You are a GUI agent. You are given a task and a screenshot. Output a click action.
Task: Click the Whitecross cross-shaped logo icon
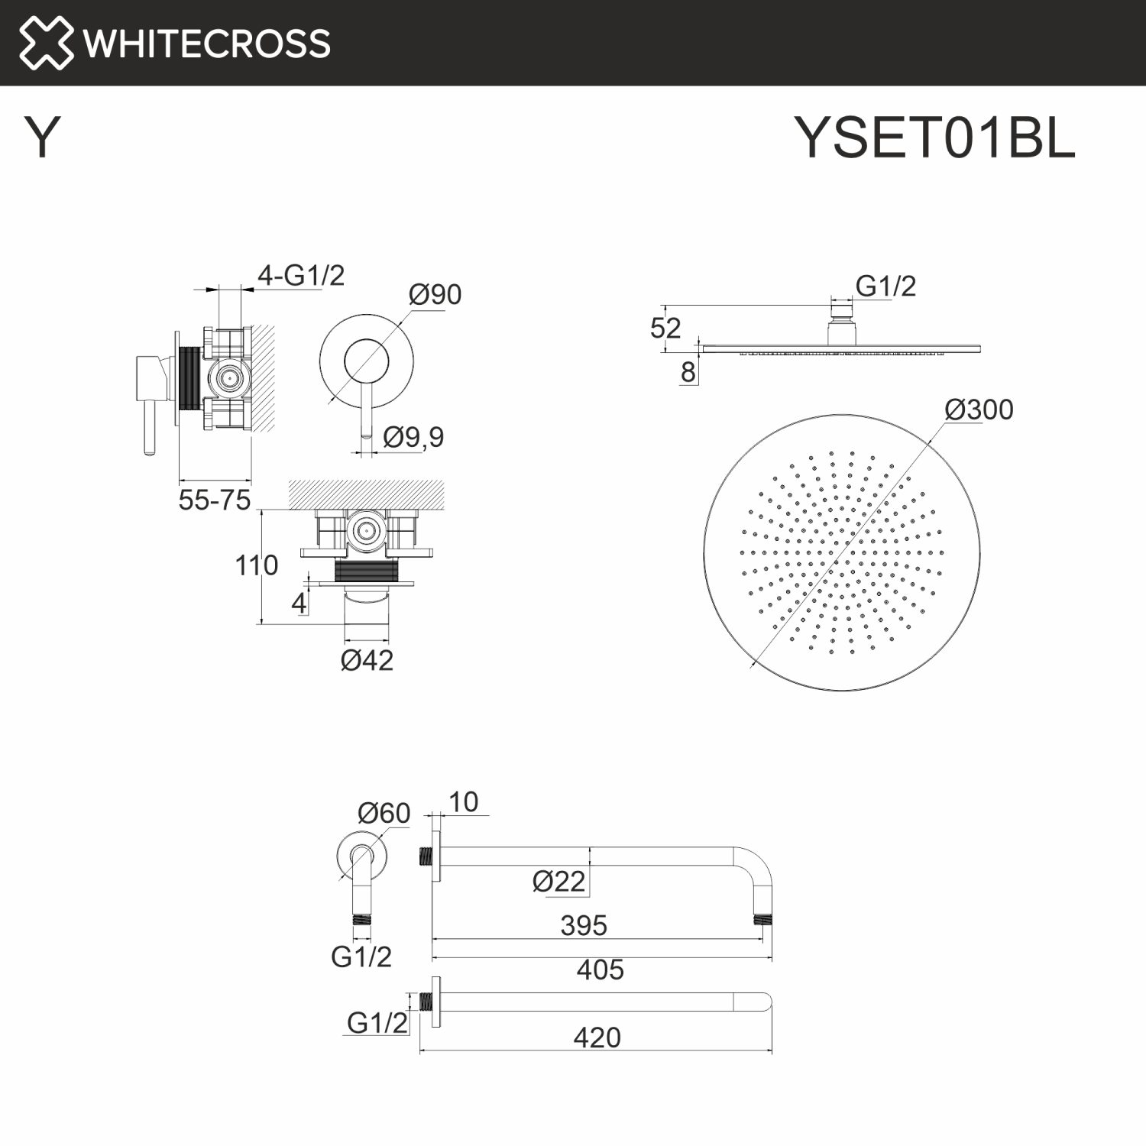click(x=46, y=43)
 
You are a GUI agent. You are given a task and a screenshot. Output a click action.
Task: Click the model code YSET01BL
click(x=934, y=138)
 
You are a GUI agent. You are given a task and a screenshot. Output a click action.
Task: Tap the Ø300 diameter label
click(x=979, y=410)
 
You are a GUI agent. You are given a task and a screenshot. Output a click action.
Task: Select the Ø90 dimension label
click(x=435, y=295)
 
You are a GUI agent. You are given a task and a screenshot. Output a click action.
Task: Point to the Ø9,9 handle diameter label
click(x=413, y=438)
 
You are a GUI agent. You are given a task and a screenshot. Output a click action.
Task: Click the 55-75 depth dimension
click(x=214, y=500)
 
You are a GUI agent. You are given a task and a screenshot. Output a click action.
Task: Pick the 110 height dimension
click(x=256, y=566)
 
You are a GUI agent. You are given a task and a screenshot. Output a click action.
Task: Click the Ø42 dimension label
click(x=367, y=660)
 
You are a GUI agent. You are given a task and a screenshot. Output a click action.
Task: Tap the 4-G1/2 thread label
click(x=301, y=275)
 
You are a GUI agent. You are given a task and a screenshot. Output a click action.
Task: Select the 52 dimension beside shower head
click(x=665, y=329)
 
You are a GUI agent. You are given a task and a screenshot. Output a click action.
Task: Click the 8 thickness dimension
click(x=688, y=372)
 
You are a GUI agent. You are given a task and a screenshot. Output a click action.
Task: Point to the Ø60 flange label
click(x=384, y=813)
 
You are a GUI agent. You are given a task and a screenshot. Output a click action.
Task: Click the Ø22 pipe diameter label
click(x=558, y=882)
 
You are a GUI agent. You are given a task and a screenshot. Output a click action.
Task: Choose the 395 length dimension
click(x=584, y=926)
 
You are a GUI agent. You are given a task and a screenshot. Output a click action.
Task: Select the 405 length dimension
click(x=600, y=970)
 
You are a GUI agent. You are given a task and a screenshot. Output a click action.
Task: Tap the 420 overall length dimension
click(x=597, y=1038)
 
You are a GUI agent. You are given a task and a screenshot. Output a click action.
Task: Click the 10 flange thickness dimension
click(x=463, y=802)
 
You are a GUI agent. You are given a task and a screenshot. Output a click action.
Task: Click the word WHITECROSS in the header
click(x=207, y=44)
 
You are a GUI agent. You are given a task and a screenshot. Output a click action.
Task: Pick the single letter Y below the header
click(x=42, y=138)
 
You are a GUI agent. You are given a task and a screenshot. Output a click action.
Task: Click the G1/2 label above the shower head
click(x=885, y=286)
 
